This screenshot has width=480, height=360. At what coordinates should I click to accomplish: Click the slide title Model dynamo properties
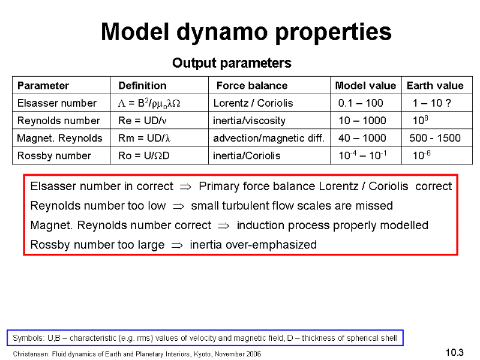pos(246,32)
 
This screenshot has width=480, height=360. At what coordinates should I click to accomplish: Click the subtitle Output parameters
pos(232,63)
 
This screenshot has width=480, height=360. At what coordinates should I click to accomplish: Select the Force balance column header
pos(252,85)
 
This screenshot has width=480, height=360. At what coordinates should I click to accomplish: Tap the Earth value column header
pos(435,85)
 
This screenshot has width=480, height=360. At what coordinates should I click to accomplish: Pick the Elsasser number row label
pos(57,103)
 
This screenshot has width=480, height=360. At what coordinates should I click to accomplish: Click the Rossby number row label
pos(54,155)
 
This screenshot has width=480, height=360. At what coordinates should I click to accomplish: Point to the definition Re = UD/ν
pos(142,121)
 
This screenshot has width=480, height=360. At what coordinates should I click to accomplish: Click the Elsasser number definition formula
pos(149,103)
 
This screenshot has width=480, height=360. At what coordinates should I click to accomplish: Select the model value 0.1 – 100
pos(361,103)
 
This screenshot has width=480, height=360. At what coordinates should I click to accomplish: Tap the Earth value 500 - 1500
pos(435,138)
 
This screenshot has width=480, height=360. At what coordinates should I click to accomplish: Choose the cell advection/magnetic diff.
pos(268,138)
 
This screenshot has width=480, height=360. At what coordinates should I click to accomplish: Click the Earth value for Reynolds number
pos(421,120)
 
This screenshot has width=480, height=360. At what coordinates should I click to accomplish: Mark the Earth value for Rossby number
pos(422,155)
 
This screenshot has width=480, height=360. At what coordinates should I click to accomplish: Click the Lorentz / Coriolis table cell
pos(253,103)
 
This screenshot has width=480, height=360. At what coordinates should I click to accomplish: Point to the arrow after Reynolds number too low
pos(178,206)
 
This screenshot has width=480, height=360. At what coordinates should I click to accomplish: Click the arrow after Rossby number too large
pos(177,245)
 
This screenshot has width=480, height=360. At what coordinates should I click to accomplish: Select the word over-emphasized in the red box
pos(271,245)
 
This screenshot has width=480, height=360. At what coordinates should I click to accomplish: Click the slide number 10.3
pos(455,352)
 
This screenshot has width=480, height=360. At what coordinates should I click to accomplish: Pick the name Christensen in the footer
pos(31,354)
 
